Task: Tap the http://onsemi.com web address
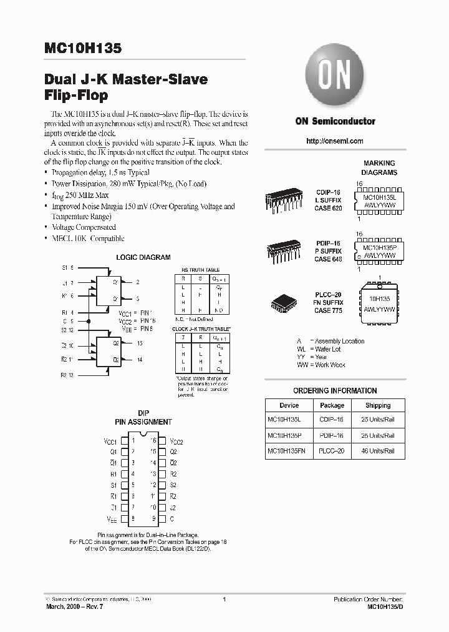click(335, 141)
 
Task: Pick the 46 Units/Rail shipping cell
click(378, 450)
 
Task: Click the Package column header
click(332, 405)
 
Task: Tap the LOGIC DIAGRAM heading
click(143, 257)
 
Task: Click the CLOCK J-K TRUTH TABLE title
click(201, 328)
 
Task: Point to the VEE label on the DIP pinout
click(112, 519)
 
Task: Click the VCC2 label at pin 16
click(176, 441)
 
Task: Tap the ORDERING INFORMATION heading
click(335, 391)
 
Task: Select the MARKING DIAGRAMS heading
click(379, 167)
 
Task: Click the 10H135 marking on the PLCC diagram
click(379, 299)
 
